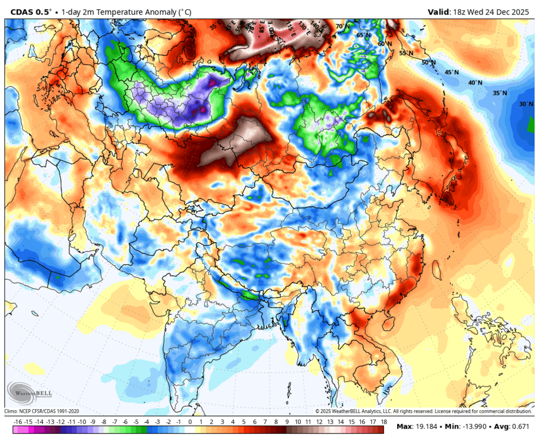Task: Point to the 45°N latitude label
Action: click(x=451, y=73)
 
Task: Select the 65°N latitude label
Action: click(x=363, y=35)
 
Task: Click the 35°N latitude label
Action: click(x=500, y=93)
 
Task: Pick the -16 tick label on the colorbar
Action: click(x=17, y=422)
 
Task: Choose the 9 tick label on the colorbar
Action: click(x=287, y=422)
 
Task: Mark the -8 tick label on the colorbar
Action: click(x=104, y=422)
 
